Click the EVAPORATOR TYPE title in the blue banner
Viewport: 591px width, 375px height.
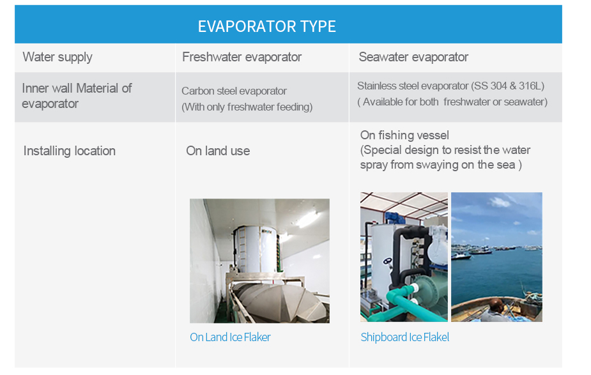pyautogui.click(x=266, y=26)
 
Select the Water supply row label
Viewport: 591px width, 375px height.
pyautogui.click(x=58, y=57)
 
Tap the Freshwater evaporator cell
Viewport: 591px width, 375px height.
pyautogui.click(x=242, y=57)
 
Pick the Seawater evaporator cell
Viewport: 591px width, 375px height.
pyautogui.click(x=413, y=57)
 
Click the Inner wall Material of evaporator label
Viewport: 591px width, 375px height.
pyautogui.click(x=77, y=96)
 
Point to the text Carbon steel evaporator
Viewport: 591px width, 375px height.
pyautogui.click(x=234, y=91)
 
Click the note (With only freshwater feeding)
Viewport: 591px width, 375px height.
pyautogui.click(x=247, y=107)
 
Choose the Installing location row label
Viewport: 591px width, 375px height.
pyautogui.click(x=69, y=151)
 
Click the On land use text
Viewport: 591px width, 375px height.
pyautogui.click(x=218, y=151)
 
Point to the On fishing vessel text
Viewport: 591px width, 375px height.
pyautogui.click(x=404, y=135)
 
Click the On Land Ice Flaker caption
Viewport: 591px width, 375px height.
pyautogui.click(x=230, y=337)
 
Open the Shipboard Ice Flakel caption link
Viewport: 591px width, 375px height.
pyautogui.click(x=404, y=337)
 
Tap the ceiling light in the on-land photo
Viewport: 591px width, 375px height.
pyautogui.click(x=307, y=218)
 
